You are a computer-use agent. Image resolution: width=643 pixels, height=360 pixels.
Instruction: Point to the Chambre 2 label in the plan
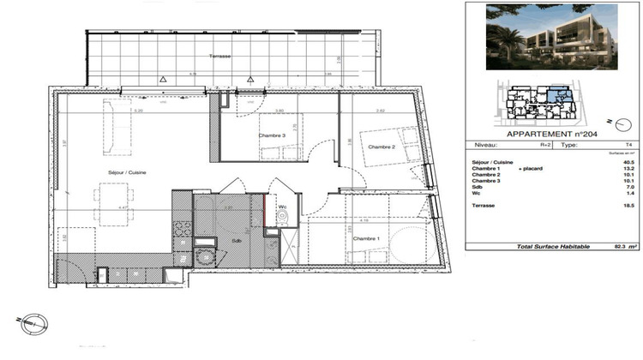click(381, 147)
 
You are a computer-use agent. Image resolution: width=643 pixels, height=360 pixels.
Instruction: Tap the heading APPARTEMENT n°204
click(551, 135)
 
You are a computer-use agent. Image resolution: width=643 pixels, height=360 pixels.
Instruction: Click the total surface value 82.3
click(610, 247)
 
